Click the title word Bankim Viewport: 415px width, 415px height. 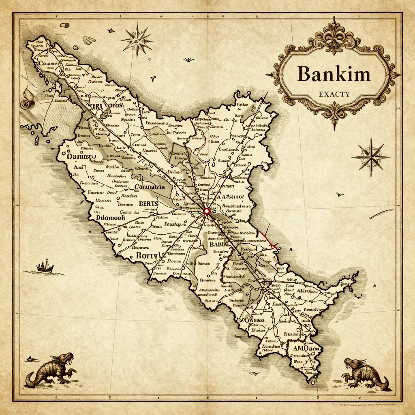[x=334, y=74]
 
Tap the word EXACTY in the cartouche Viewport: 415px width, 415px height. [x=334, y=94]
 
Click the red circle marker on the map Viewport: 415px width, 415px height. [x=206, y=211]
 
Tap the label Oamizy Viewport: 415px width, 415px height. [x=80, y=156]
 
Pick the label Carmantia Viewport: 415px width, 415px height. [x=149, y=187]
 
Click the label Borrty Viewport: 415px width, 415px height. [x=149, y=255]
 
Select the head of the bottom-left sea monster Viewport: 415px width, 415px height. [x=66, y=357]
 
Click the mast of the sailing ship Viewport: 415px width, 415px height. [x=46, y=263]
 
